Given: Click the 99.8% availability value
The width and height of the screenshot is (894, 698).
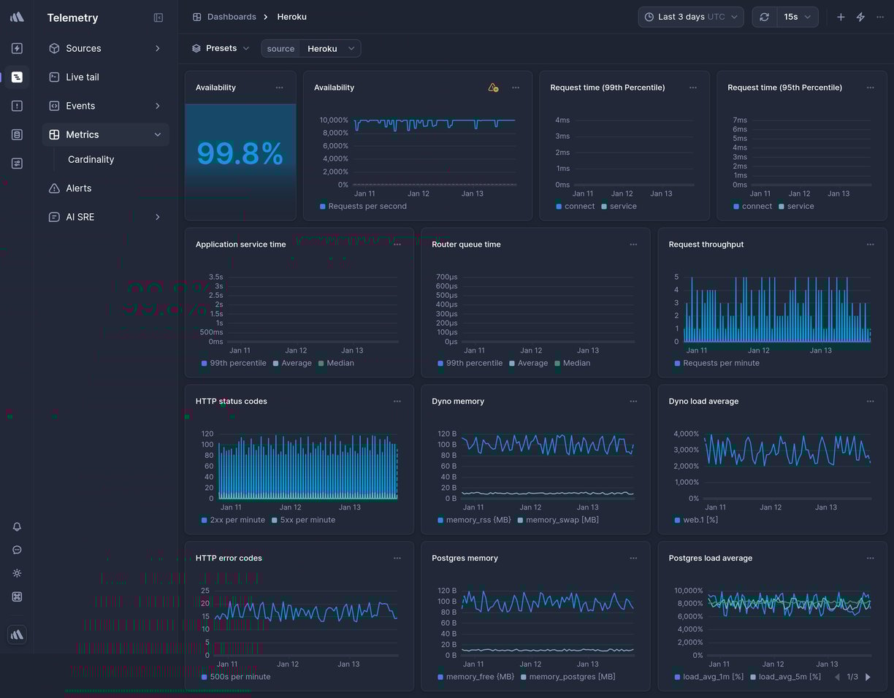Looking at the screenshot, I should tap(240, 154).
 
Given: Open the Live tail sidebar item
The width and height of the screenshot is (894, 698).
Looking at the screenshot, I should tap(82, 77).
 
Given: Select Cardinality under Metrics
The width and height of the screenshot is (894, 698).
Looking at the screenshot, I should tap(91, 159).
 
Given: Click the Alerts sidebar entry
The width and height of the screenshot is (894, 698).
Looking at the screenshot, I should tap(78, 188).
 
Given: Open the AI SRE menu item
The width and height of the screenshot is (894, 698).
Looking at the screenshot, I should tap(80, 217).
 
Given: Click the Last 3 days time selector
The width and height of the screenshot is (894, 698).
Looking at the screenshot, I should tap(690, 17).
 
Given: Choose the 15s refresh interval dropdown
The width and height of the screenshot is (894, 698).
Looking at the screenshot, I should tap(797, 17).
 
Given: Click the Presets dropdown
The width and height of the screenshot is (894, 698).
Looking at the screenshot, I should tap(221, 48).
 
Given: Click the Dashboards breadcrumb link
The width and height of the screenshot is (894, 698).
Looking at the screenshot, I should tap(231, 17).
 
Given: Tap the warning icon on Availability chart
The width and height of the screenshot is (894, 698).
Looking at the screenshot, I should tap(493, 88).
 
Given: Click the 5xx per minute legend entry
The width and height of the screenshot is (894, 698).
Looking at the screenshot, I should tap(307, 520).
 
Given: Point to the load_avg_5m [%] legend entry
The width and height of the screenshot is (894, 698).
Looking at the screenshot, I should tap(789, 677).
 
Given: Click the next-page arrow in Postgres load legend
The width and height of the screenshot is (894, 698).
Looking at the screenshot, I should tap(868, 677).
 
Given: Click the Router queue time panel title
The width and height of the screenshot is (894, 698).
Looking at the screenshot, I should tap(466, 245).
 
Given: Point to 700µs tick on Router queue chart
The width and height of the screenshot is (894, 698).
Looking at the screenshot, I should tap(446, 277).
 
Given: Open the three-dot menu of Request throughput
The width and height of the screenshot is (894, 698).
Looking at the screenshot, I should tap(870, 245).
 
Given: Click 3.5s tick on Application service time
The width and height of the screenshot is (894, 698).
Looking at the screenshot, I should tap(215, 277).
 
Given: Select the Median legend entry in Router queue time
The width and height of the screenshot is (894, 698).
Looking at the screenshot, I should tap(576, 363).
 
